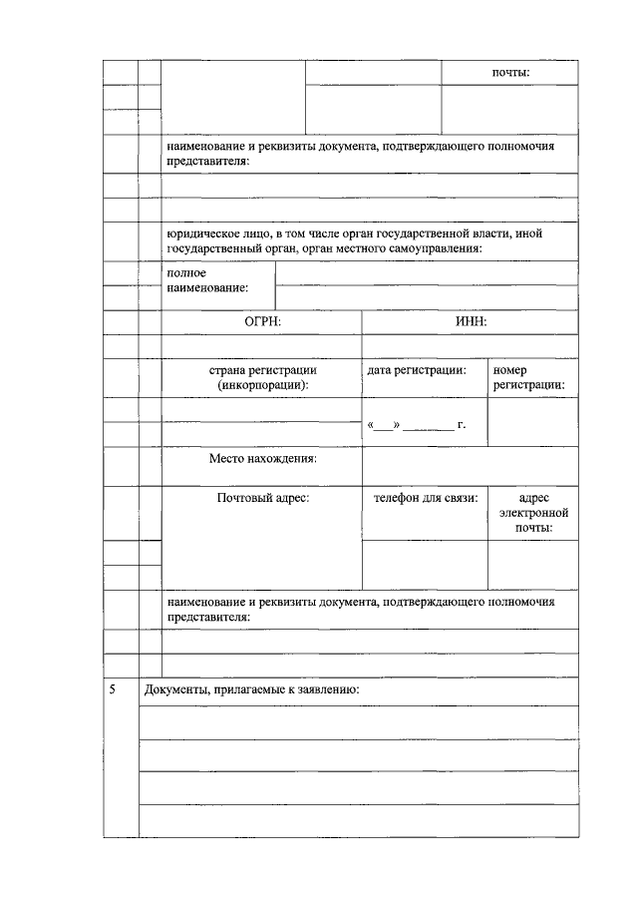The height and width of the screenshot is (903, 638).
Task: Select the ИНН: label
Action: [x=470, y=321]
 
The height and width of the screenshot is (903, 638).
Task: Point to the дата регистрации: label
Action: [x=417, y=370]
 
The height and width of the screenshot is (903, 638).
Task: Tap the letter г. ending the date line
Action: [x=462, y=425]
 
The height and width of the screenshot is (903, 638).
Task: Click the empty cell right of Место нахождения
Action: [x=469, y=466]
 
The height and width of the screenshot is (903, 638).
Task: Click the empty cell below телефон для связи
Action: [x=425, y=564]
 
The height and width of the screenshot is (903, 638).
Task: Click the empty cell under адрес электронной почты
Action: [x=532, y=564]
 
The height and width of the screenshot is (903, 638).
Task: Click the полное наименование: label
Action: [x=207, y=279]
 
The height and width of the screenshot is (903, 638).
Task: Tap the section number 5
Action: [x=113, y=690]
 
